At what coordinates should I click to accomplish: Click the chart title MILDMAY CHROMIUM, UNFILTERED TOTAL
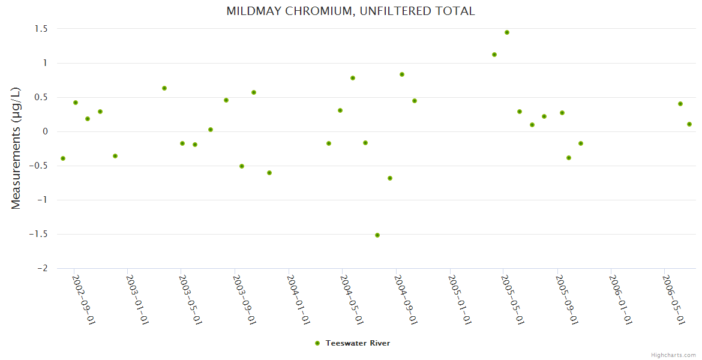(x=350, y=11)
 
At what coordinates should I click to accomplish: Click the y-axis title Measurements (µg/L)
(x=16, y=148)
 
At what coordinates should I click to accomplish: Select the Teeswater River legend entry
(x=353, y=343)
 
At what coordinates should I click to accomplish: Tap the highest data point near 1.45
(x=507, y=32)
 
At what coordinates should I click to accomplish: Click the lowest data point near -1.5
(x=377, y=235)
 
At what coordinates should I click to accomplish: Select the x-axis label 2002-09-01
(x=84, y=300)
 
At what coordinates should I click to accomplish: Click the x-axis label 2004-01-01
(x=298, y=300)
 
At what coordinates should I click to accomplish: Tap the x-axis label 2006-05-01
(x=673, y=300)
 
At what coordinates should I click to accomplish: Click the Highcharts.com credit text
(x=673, y=355)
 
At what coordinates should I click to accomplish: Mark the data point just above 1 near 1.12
(x=494, y=55)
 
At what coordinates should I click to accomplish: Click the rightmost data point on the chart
(x=689, y=124)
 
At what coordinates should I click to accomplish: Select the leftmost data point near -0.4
(x=63, y=158)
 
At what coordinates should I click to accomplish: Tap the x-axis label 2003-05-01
(x=191, y=300)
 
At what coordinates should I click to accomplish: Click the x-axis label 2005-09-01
(x=566, y=300)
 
